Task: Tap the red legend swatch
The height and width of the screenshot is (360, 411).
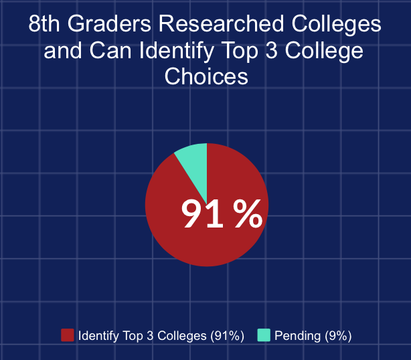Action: pos(67,335)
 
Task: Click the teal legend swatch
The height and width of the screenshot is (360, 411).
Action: pos(263,335)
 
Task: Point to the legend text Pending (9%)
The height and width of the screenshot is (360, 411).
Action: pos(313,335)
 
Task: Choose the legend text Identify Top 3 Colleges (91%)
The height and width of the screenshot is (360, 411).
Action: pos(161,335)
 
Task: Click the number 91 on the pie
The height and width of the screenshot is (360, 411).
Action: pos(202,215)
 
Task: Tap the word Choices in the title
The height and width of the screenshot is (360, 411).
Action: pos(206,76)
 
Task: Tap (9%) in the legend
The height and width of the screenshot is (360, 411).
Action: pos(337,335)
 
